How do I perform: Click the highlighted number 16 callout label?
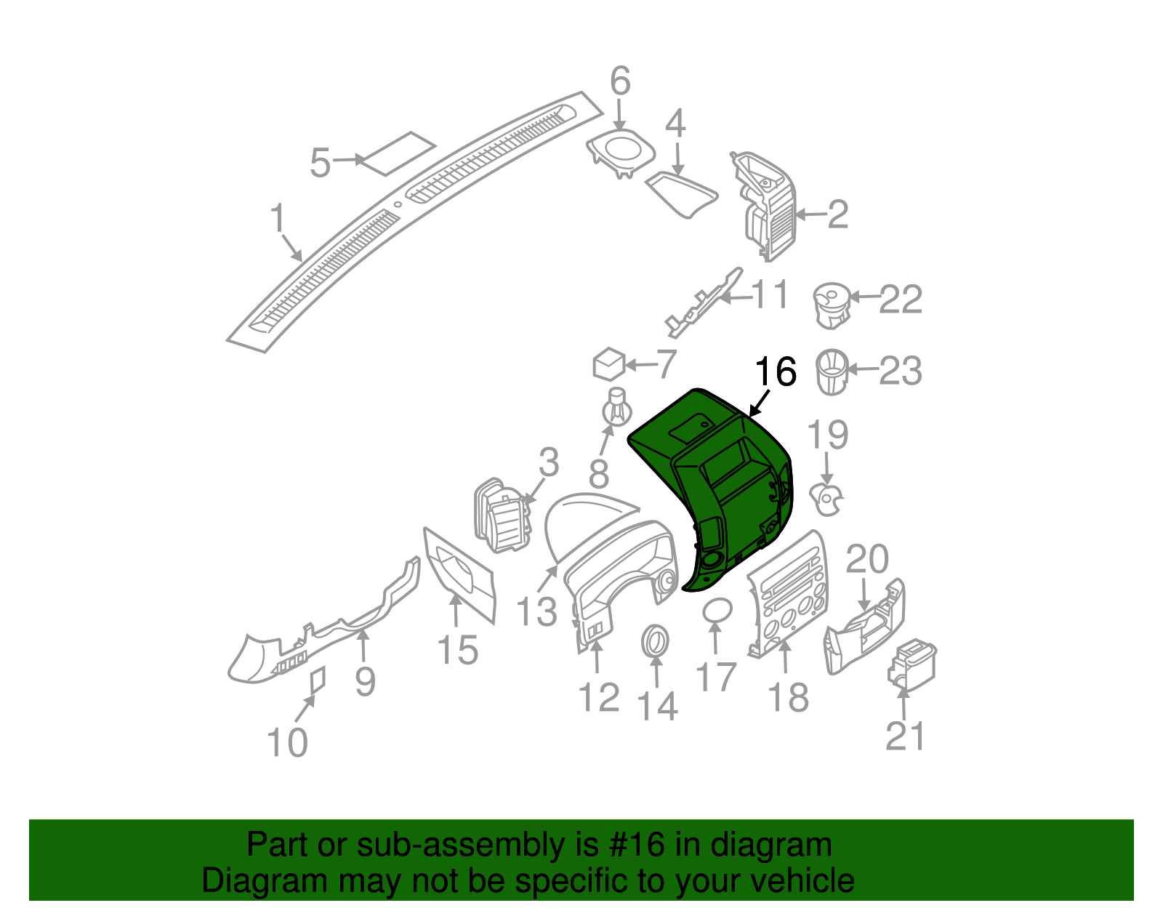(776, 371)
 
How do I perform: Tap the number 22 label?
(901, 300)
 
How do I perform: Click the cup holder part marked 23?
(832, 371)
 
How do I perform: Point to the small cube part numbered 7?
(609, 363)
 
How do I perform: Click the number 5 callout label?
(320, 163)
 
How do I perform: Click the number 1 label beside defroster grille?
(278, 218)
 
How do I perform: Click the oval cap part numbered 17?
(717, 611)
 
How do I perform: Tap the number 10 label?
(287, 742)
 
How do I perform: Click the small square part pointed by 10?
(318, 680)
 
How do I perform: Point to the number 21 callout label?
(906, 736)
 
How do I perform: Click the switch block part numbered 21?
(912, 663)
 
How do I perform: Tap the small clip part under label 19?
(828, 499)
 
